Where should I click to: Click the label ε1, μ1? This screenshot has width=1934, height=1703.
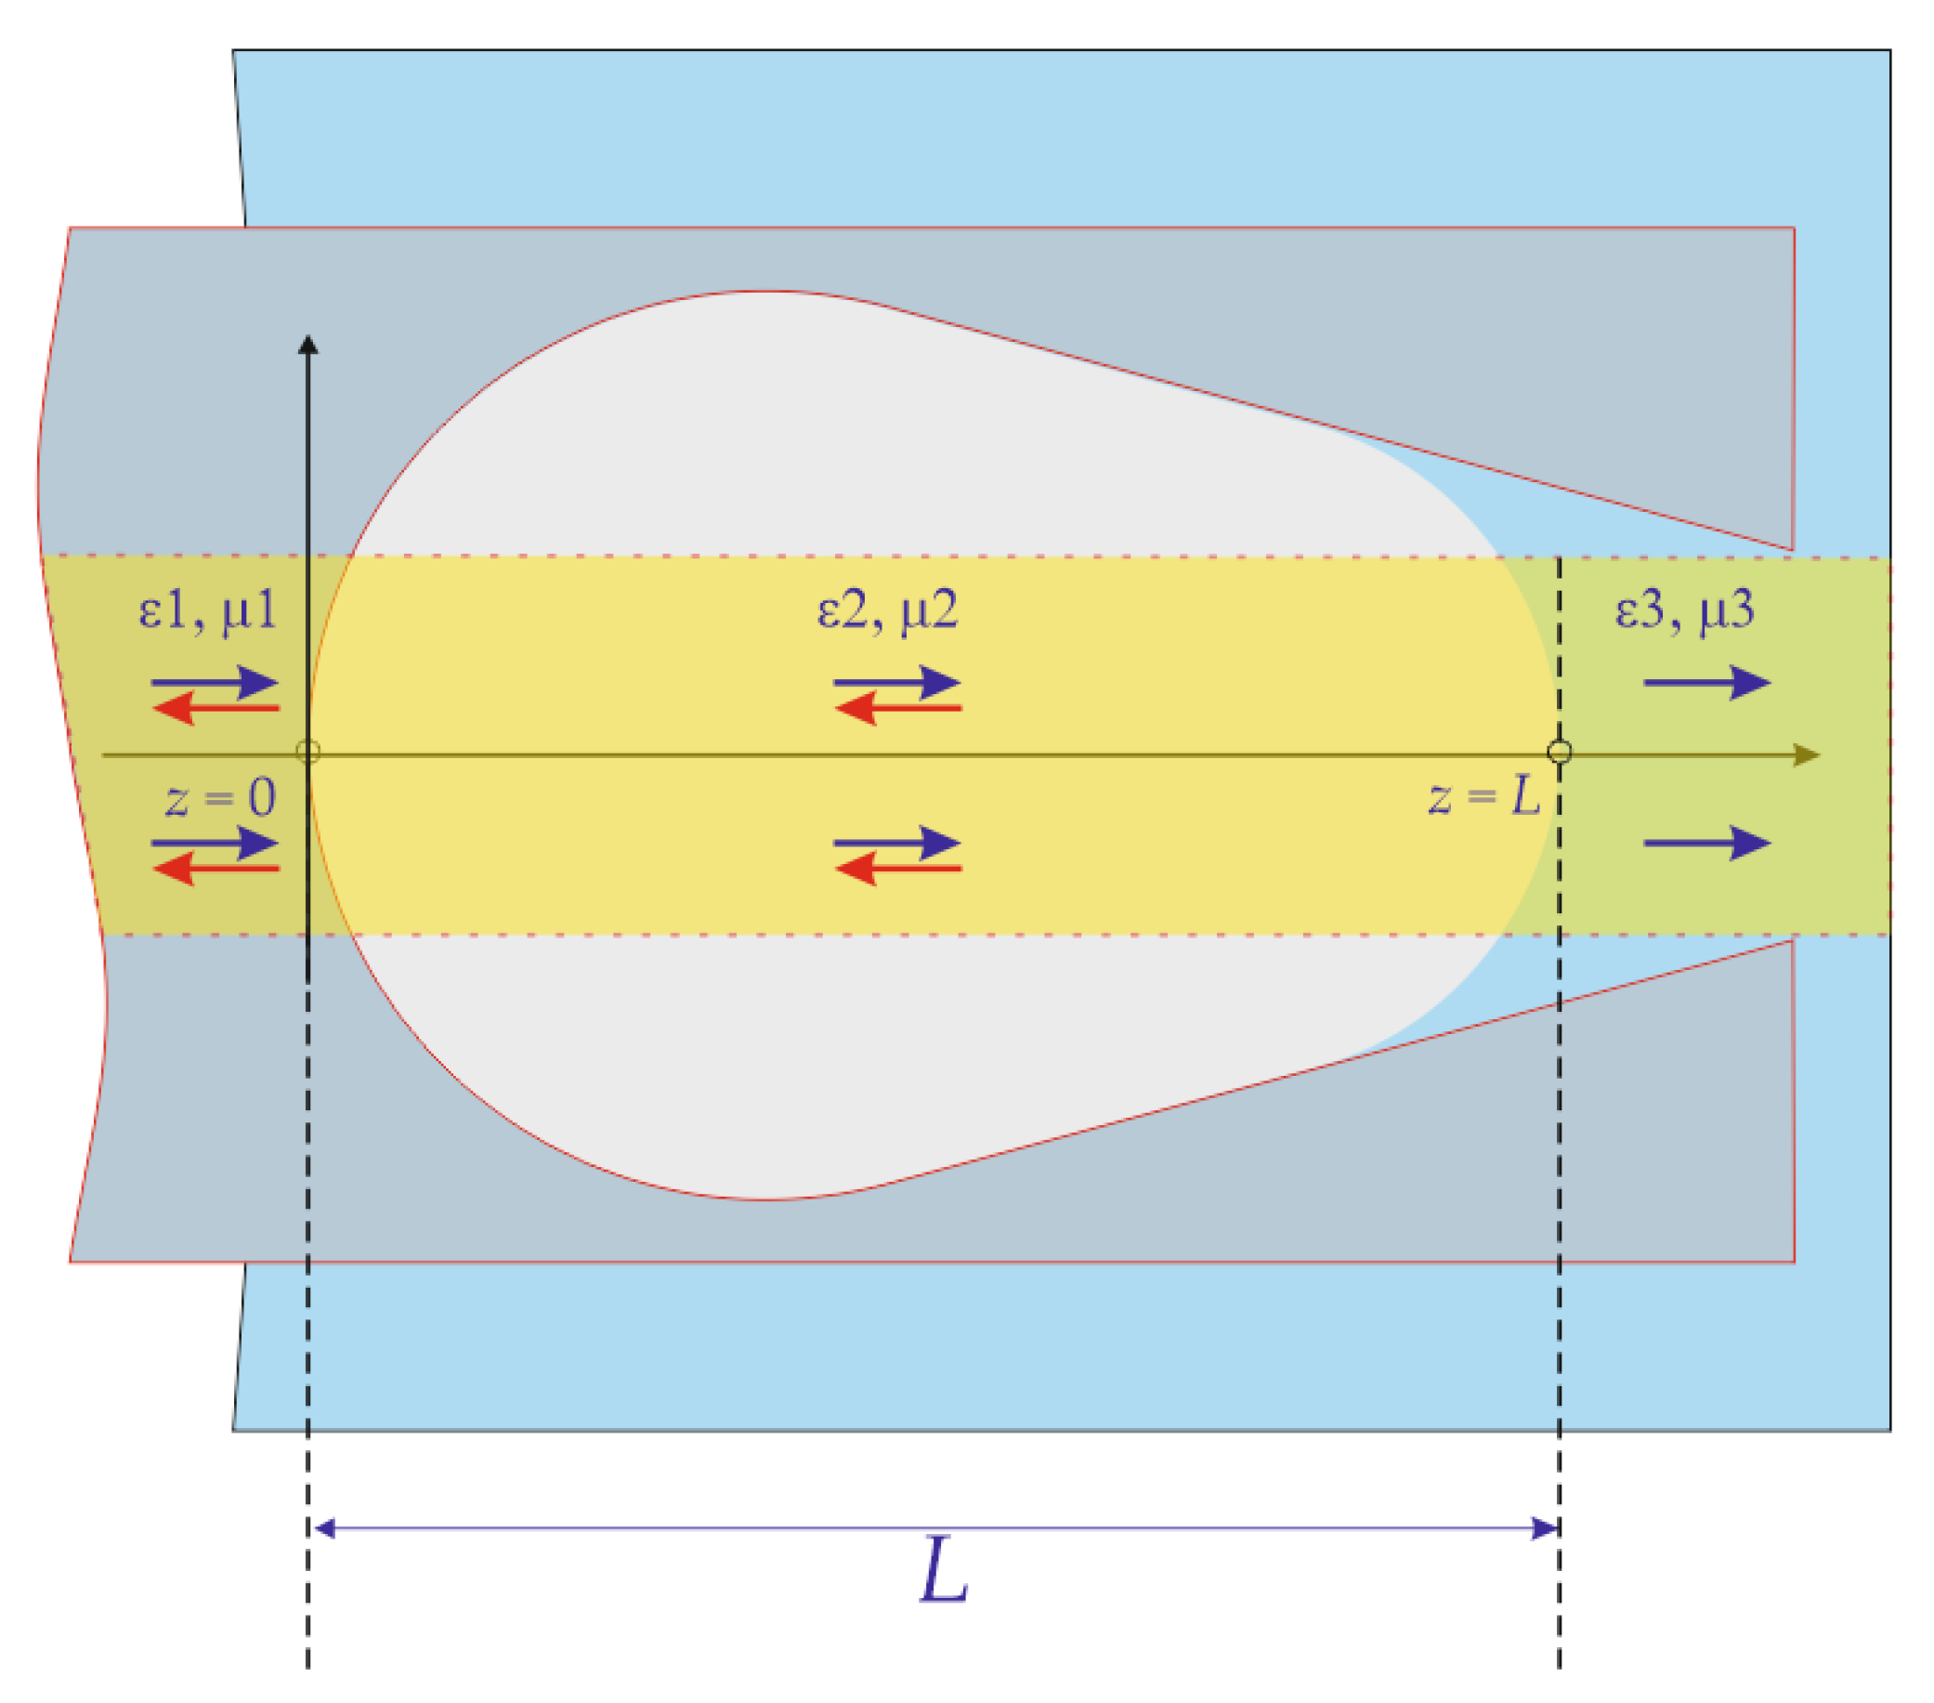pos(207,611)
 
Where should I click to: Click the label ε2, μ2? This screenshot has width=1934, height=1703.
pos(887,611)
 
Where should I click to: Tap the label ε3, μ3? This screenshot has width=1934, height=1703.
pos(1684,609)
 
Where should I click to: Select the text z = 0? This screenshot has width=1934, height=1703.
pos(220,798)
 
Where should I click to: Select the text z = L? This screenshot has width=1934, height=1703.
pos(1483,796)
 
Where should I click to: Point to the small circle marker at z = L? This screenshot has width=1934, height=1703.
pos(1560,753)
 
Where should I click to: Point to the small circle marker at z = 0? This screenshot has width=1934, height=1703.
pos(307,753)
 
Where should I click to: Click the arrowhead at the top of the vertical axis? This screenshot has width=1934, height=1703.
pos(307,346)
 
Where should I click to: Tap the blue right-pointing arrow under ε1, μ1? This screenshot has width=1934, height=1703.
pos(215,682)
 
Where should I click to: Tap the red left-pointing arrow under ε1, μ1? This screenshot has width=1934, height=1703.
pos(215,708)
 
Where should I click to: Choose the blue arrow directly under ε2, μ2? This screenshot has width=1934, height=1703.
pos(897,682)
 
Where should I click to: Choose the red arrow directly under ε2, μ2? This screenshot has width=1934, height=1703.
pos(897,708)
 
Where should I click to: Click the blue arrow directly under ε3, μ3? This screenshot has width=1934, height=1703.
pos(1707,682)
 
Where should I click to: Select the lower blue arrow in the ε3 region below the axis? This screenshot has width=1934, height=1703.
pos(1707,843)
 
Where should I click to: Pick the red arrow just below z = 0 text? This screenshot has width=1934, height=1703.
pos(215,869)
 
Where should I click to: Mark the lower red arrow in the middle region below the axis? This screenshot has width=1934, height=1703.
pos(897,869)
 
